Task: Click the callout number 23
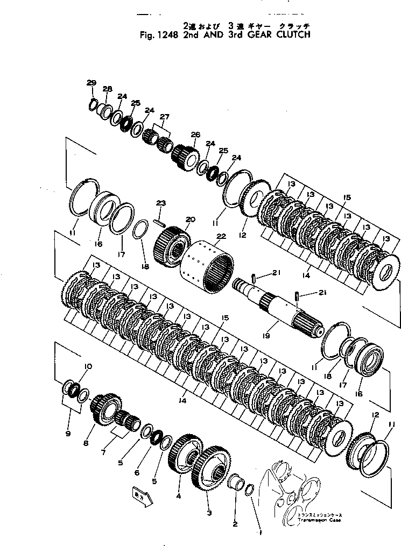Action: (x=160, y=202)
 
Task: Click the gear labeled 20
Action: (x=171, y=247)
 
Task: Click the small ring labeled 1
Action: (x=250, y=489)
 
